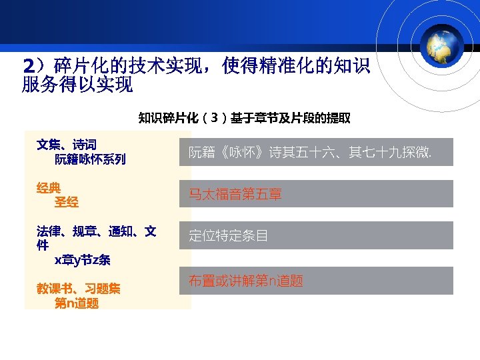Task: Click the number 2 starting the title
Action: [x=28, y=67]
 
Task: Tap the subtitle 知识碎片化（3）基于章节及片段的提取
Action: [x=244, y=119]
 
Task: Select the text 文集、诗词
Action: [x=66, y=145]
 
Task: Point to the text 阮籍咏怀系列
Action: [x=90, y=159]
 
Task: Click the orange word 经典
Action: [x=48, y=188]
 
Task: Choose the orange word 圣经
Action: [x=66, y=202]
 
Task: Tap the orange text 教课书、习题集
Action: [x=78, y=289]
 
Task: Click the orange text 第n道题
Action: [x=77, y=303]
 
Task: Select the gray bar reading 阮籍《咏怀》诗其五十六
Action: [x=316, y=152]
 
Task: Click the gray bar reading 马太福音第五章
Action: [x=316, y=194]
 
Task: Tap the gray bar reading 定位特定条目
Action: [x=316, y=235]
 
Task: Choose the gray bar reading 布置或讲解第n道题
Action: [x=316, y=281]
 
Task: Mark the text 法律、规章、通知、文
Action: [x=96, y=231]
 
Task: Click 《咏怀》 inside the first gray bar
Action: [x=241, y=153]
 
